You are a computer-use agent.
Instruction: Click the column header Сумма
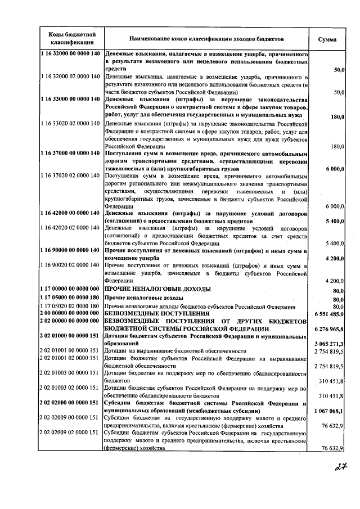(327, 40)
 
